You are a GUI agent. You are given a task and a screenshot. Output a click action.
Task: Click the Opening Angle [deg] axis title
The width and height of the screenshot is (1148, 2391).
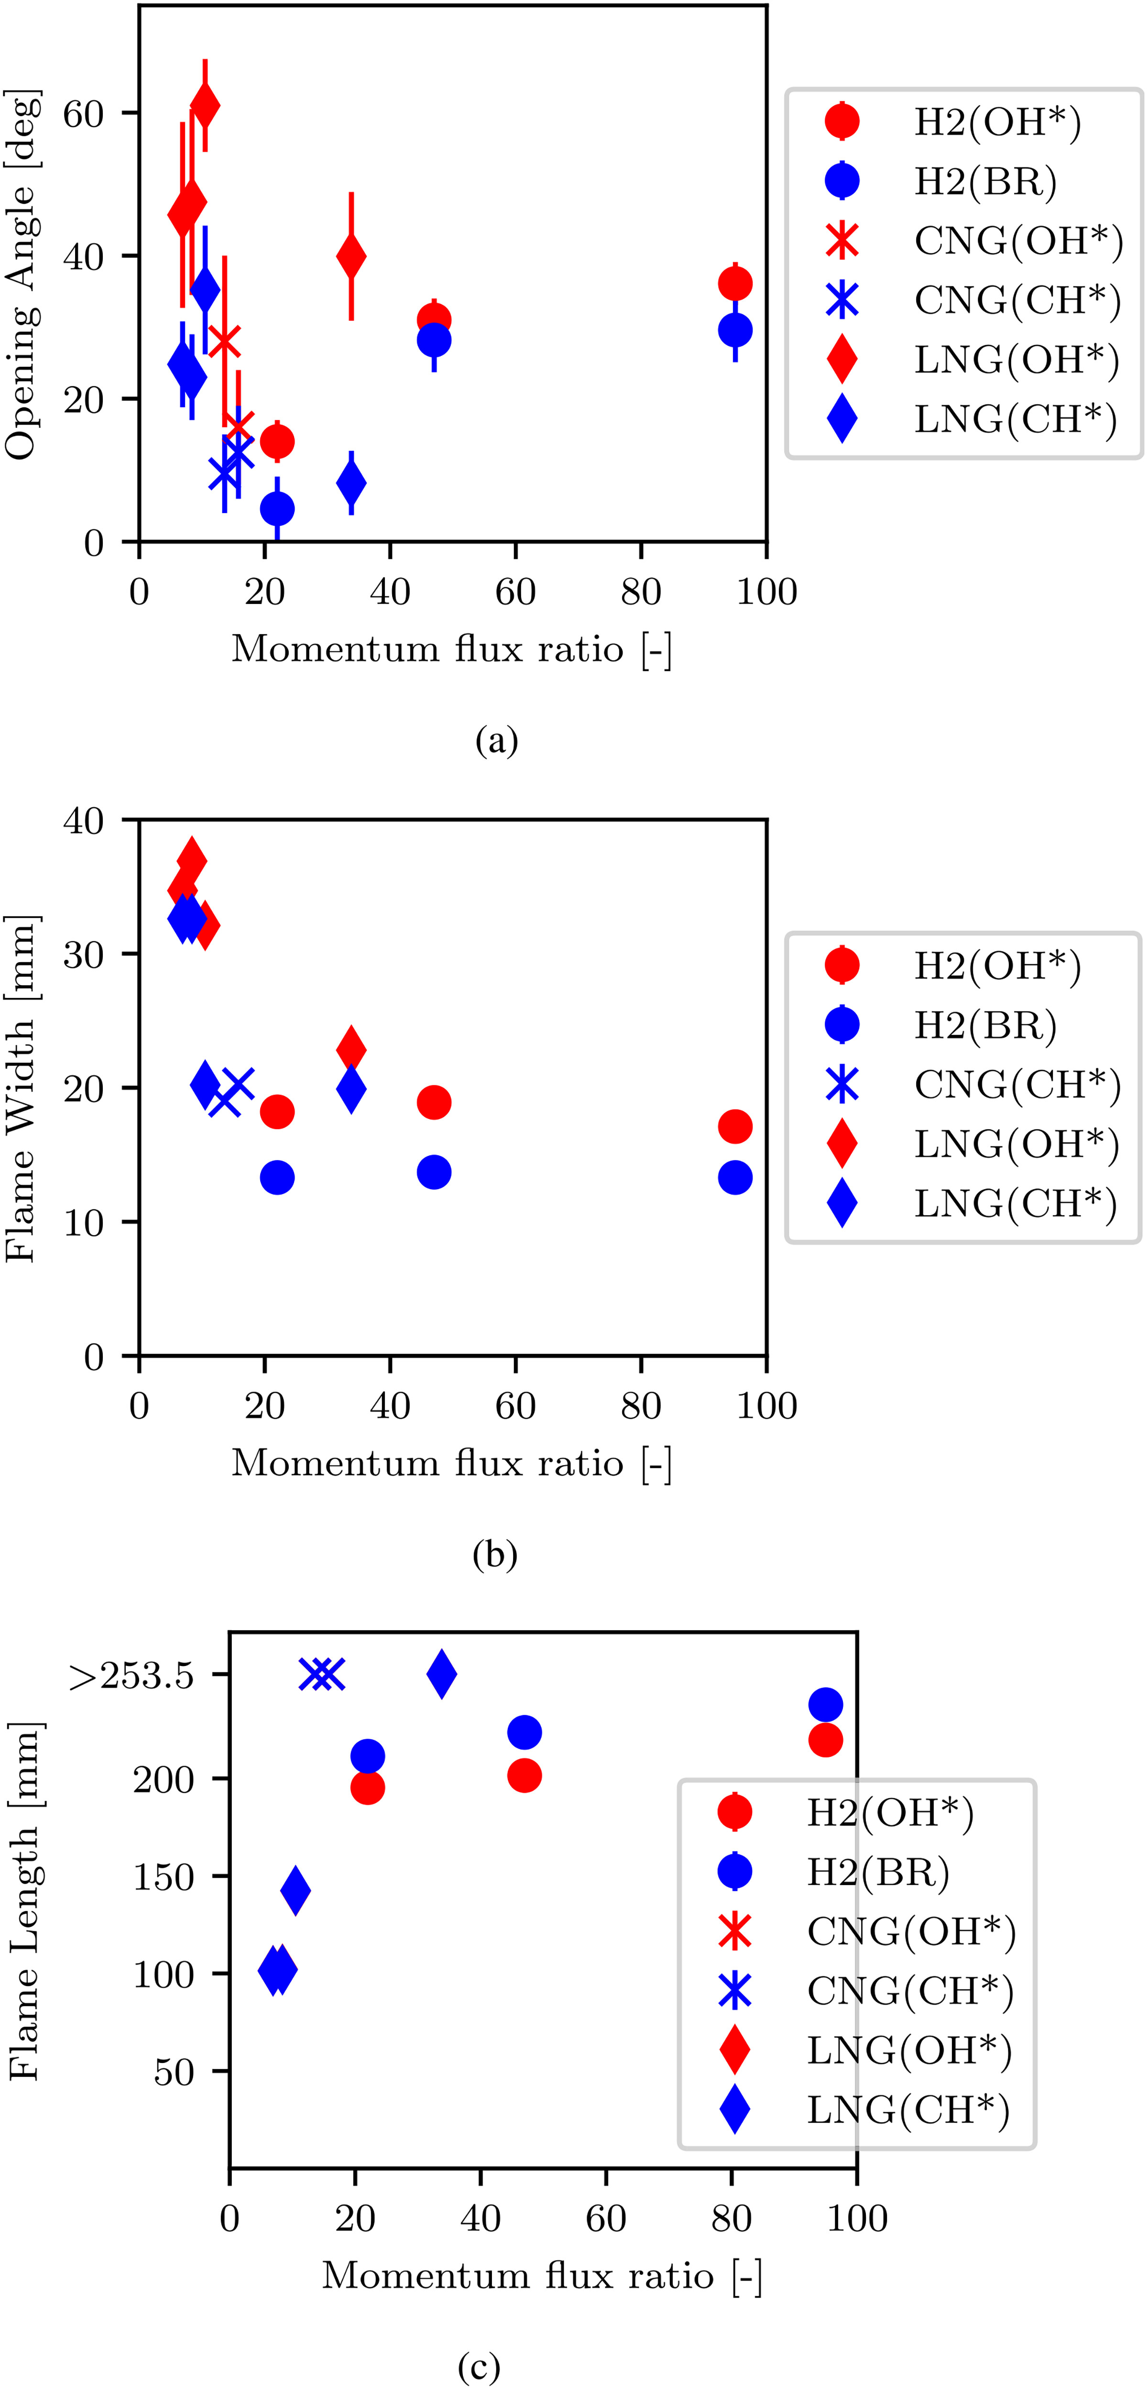point(21,275)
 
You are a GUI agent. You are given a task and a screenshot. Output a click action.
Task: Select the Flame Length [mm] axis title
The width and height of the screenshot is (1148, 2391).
point(24,1901)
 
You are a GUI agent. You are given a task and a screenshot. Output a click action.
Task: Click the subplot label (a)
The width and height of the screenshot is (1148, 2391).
point(496,741)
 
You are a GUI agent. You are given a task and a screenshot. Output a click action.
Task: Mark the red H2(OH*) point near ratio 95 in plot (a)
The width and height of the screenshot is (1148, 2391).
point(735,283)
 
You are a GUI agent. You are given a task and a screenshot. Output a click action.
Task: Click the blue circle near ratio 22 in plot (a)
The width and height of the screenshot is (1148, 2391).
point(276,509)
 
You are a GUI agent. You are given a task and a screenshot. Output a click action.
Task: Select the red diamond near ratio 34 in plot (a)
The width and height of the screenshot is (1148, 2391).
point(351,256)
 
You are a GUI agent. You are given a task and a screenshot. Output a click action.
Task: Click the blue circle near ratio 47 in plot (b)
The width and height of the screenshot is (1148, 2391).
point(433,1172)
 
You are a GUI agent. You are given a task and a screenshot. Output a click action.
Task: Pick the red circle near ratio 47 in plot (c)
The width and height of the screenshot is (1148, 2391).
point(525,1776)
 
